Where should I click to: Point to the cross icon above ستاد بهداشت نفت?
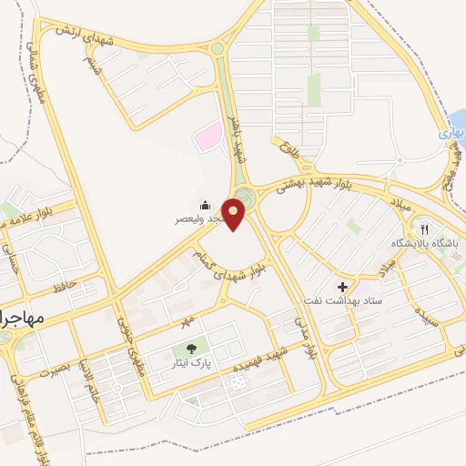click(x=342, y=287)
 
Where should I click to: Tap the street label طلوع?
click(x=290, y=147)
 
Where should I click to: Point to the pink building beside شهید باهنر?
click(x=210, y=137)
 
